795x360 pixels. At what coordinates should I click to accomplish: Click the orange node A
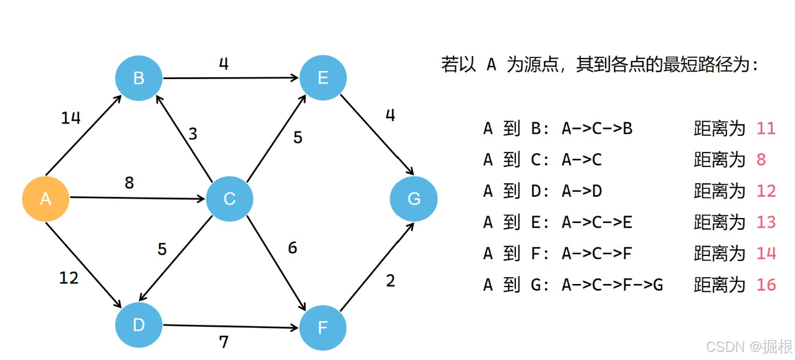[45, 199]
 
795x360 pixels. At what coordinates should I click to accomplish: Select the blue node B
[138, 78]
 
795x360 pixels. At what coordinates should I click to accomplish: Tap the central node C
[229, 199]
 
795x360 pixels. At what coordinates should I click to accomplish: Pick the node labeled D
[138, 324]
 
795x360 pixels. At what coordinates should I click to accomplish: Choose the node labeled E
[323, 78]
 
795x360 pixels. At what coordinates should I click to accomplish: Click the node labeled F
[323, 328]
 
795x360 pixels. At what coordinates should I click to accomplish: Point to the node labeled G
[414, 199]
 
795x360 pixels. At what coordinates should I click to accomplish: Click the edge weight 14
[70, 118]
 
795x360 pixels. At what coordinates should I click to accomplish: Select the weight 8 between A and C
[129, 183]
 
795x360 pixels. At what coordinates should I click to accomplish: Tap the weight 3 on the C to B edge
[193, 135]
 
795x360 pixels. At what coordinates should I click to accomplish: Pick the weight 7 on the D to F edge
[224, 341]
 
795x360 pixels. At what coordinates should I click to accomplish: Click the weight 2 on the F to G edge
[390, 281]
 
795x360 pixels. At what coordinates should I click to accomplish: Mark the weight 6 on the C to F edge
[292, 248]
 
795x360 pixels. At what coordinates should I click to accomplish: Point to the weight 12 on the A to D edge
[69, 278]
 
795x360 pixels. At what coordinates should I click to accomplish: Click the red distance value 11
[766, 129]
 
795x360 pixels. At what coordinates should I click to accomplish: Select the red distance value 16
[766, 285]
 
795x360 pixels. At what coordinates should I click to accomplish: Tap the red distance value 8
[761, 160]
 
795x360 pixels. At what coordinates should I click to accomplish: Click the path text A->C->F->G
[612, 285]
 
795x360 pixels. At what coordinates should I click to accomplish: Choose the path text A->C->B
[597, 129]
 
